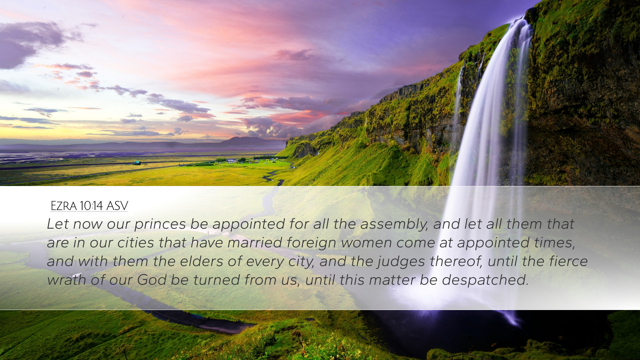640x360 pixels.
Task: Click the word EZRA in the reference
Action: pos(64,206)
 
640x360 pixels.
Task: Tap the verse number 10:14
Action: pos(91,206)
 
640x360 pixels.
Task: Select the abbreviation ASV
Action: pos(117,206)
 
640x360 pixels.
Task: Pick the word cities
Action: pos(135,243)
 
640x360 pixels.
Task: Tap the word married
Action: pos(255,243)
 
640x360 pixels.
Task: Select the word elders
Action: pos(202,262)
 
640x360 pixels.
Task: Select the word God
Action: pos(152,280)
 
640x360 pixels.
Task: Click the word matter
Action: pos(392,280)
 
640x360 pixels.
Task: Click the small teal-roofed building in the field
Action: pos(137,163)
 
